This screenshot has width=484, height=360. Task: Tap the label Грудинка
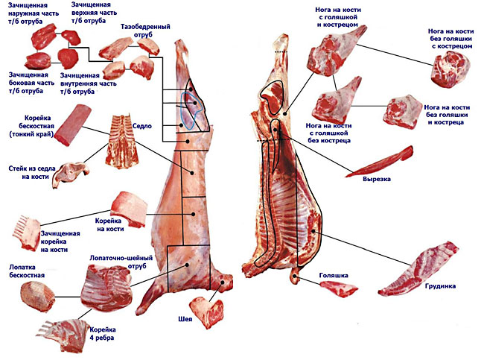click(441, 285)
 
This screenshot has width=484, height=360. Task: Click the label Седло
click(143, 127)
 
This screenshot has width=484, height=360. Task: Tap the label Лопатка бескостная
click(27, 271)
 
